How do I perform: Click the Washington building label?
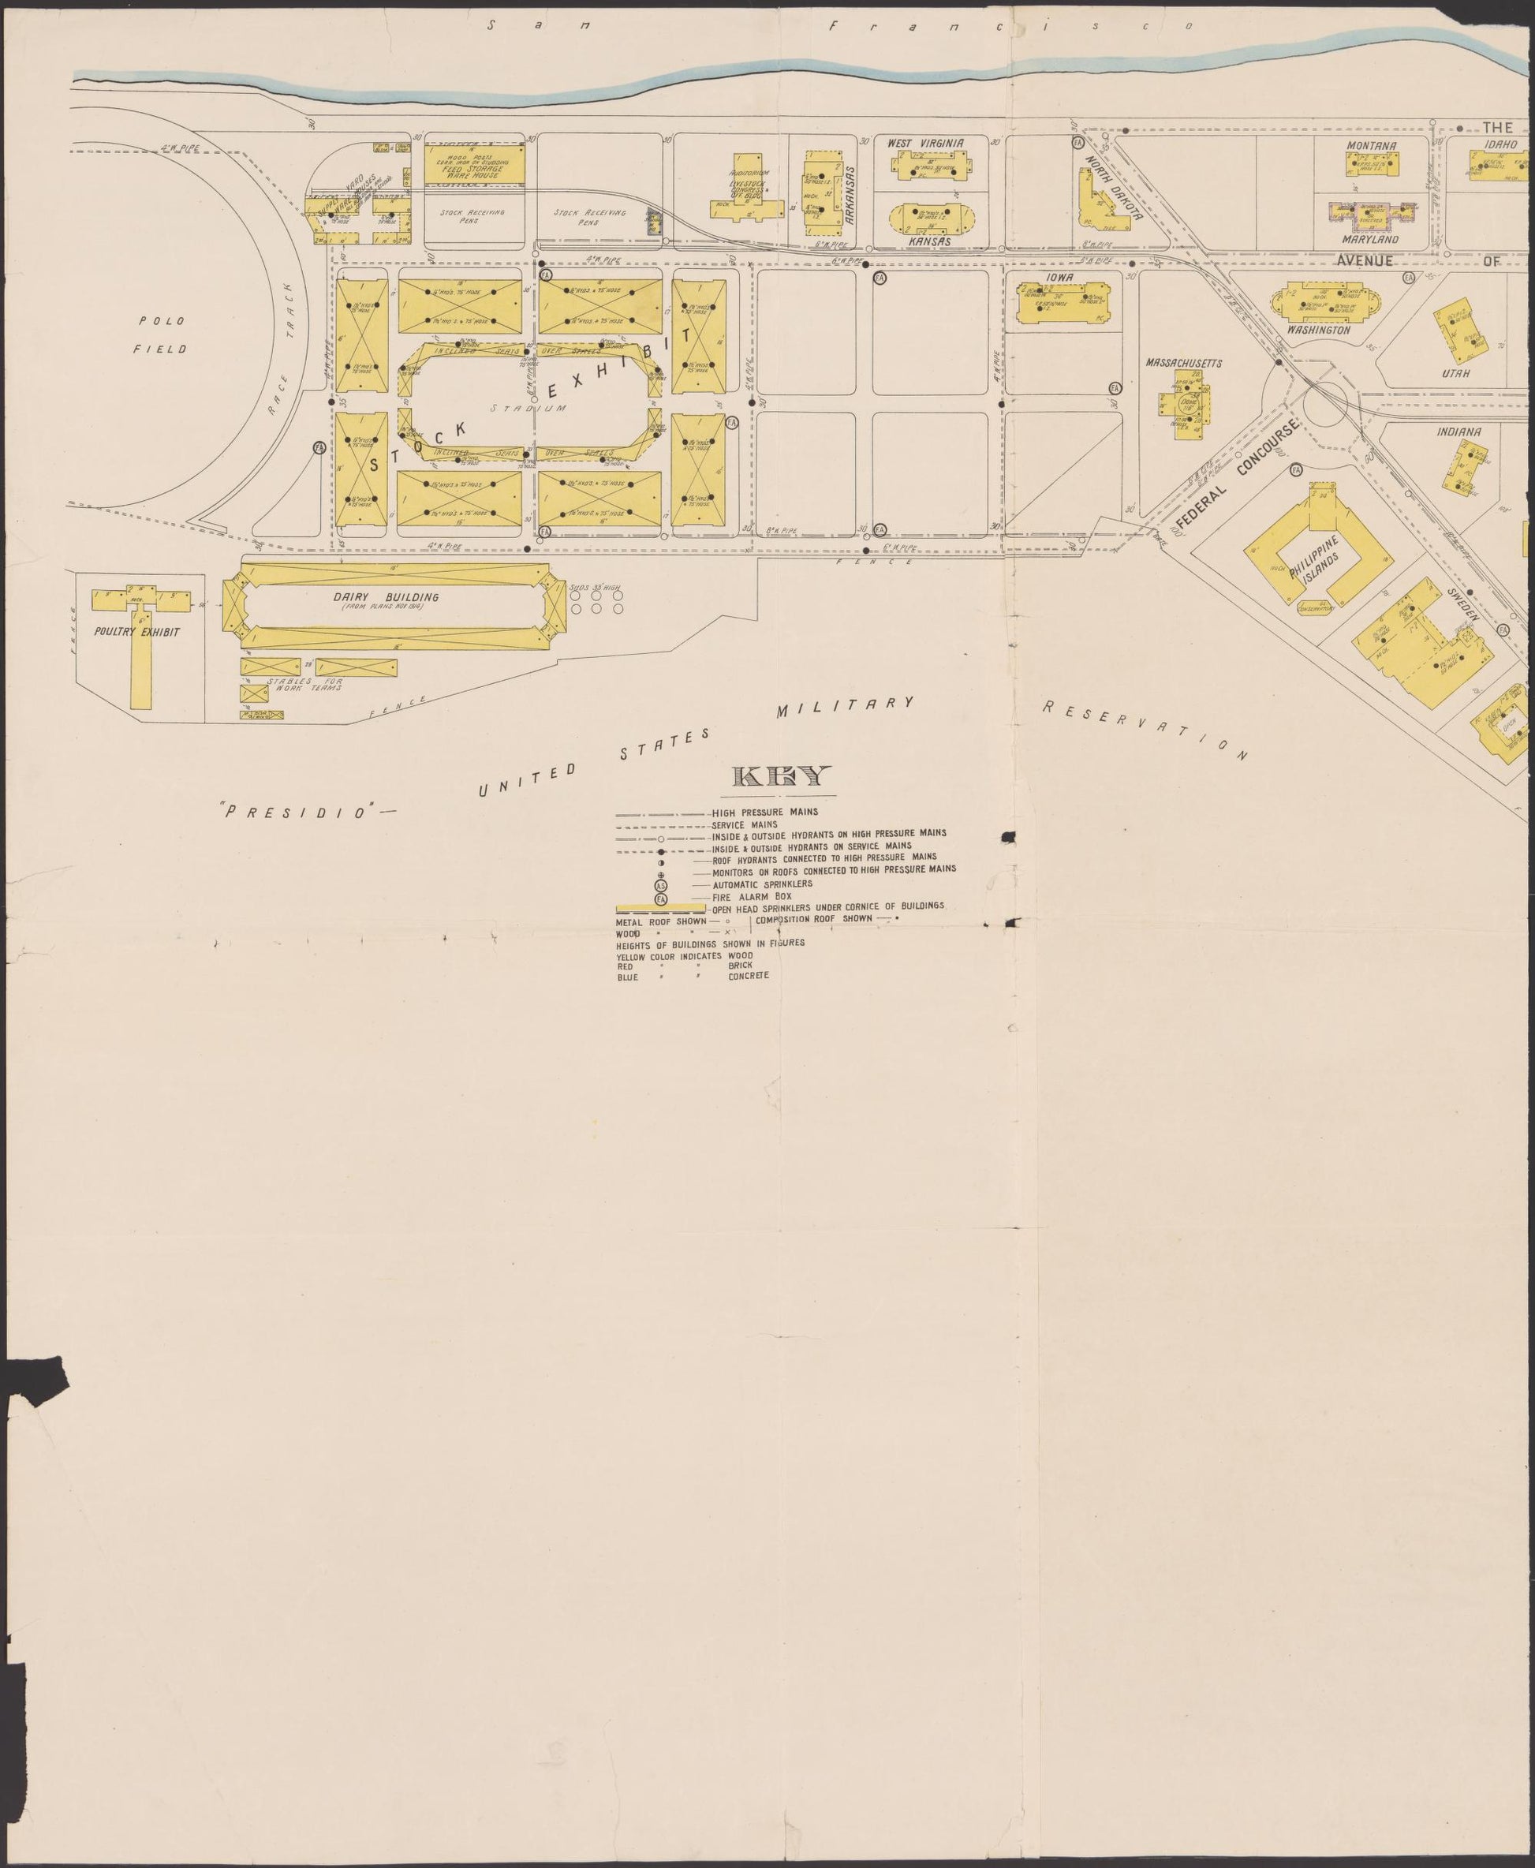(1318, 330)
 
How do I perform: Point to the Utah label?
(1455, 373)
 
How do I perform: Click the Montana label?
(1372, 145)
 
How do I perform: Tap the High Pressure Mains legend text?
(765, 812)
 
